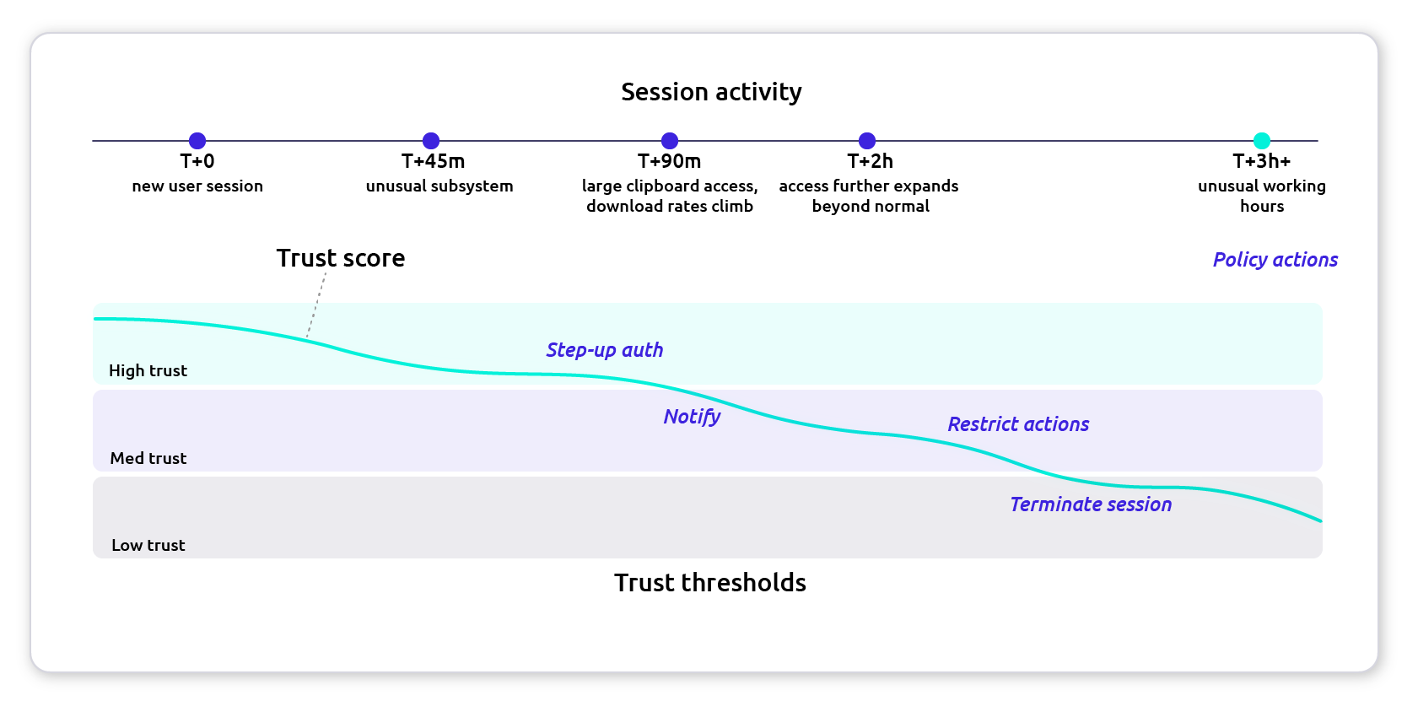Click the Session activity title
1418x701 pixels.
711,92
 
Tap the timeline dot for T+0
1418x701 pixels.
197,141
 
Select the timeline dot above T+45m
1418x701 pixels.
431,141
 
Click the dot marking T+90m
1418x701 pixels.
670,141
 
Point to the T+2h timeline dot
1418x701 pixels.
867,141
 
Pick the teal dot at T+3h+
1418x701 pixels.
1262,141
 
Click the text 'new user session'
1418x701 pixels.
197,186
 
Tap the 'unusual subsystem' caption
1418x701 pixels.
439,186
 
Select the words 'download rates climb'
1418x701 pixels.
670,207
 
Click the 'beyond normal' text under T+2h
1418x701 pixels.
871,207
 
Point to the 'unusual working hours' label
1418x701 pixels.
1262,196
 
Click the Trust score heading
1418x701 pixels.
341,258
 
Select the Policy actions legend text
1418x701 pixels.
1275,260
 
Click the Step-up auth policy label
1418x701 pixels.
605,350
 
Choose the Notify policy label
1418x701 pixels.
692,417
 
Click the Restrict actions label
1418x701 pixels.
1018,424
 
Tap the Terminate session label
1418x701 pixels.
1091,504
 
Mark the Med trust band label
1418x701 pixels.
148,458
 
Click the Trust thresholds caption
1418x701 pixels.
710,583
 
